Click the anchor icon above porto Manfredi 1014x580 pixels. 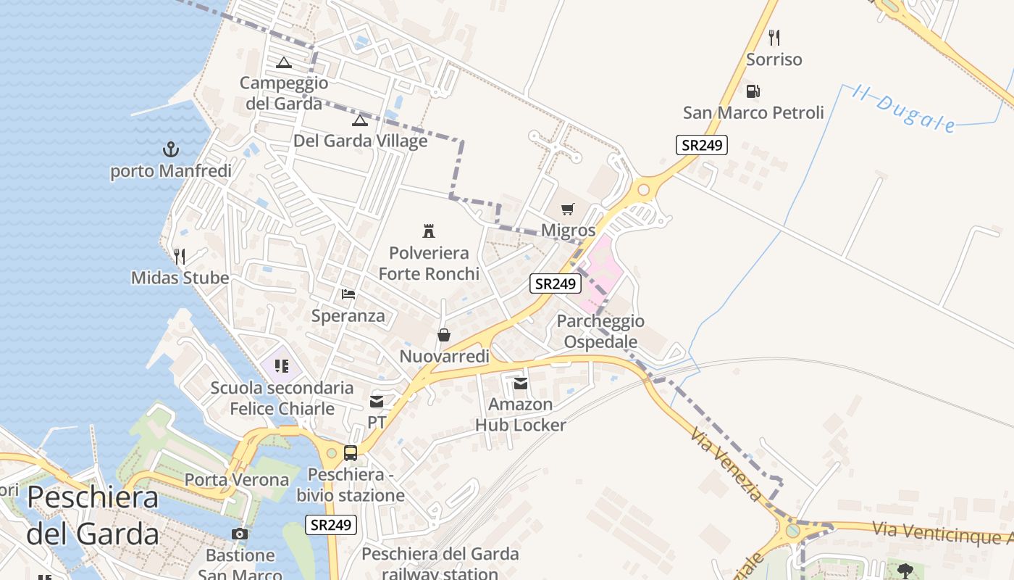tap(171, 150)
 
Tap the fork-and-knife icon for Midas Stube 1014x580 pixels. tap(180, 256)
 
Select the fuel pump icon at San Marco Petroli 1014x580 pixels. tap(753, 91)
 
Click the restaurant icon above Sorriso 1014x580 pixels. tap(774, 38)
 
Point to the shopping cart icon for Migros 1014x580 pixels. tap(568, 210)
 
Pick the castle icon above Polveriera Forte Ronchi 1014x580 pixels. tap(429, 231)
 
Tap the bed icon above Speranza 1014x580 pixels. tap(348, 294)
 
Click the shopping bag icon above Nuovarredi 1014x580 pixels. tap(444, 335)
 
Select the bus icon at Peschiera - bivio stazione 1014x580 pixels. tap(351, 453)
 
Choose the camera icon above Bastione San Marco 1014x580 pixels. tap(240, 534)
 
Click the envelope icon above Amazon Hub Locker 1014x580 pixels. tap(521, 383)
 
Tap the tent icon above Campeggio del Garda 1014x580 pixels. tap(283, 62)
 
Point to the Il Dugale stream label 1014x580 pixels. tap(903, 109)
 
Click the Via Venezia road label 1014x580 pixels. tap(726, 464)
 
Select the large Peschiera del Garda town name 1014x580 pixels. tap(93, 515)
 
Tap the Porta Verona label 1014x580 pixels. tap(237, 480)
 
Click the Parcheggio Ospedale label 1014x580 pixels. tap(600, 331)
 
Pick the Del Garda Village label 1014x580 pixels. tap(360, 141)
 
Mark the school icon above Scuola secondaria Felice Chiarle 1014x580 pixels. tap(282, 366)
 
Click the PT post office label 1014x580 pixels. tap(377, 422)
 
